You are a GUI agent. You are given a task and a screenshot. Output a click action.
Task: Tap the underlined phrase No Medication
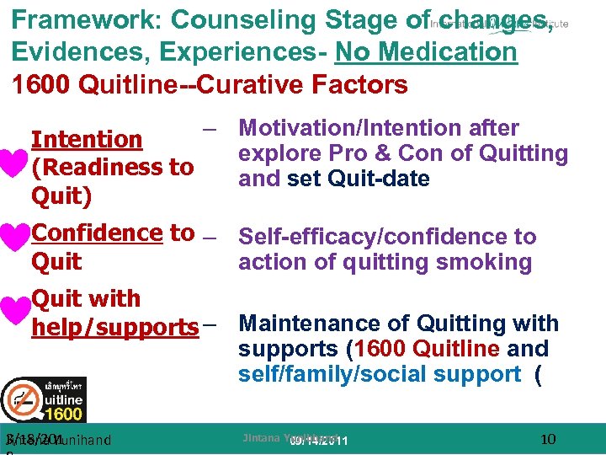426,52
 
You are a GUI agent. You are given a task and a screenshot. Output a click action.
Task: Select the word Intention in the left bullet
87,139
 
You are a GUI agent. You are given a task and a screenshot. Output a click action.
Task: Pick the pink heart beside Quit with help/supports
14,311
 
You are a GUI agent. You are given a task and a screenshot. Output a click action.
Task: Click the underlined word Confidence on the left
97,233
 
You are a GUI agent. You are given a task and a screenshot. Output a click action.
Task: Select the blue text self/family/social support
380,374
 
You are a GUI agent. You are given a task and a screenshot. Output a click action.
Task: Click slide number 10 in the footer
548,438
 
